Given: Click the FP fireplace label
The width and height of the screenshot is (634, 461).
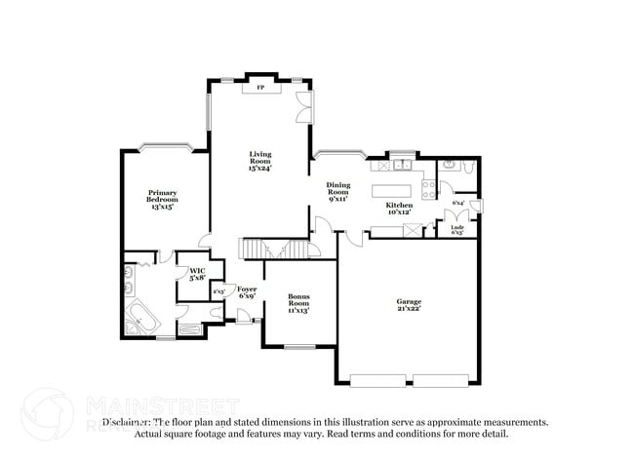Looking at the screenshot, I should [x=260, y=88].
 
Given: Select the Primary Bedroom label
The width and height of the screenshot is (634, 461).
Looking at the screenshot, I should [x=163, y=199].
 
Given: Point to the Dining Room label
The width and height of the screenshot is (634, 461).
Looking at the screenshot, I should [x=337, y=191].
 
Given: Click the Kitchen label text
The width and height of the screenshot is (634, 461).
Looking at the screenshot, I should [x=399, y=210].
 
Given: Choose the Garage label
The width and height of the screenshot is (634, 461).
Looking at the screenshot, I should [x=409, y=305].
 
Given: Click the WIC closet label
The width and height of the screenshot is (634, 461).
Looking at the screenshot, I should [x=197, y=274].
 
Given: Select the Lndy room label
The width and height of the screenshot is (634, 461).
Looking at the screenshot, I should [x=456, y=229].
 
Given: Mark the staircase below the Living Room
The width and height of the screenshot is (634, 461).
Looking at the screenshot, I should [x=253, y=250].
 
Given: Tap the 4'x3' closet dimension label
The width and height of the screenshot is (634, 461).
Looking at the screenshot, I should [x=218, y=290].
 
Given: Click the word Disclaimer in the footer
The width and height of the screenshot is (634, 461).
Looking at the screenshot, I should [x=125, y=423].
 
